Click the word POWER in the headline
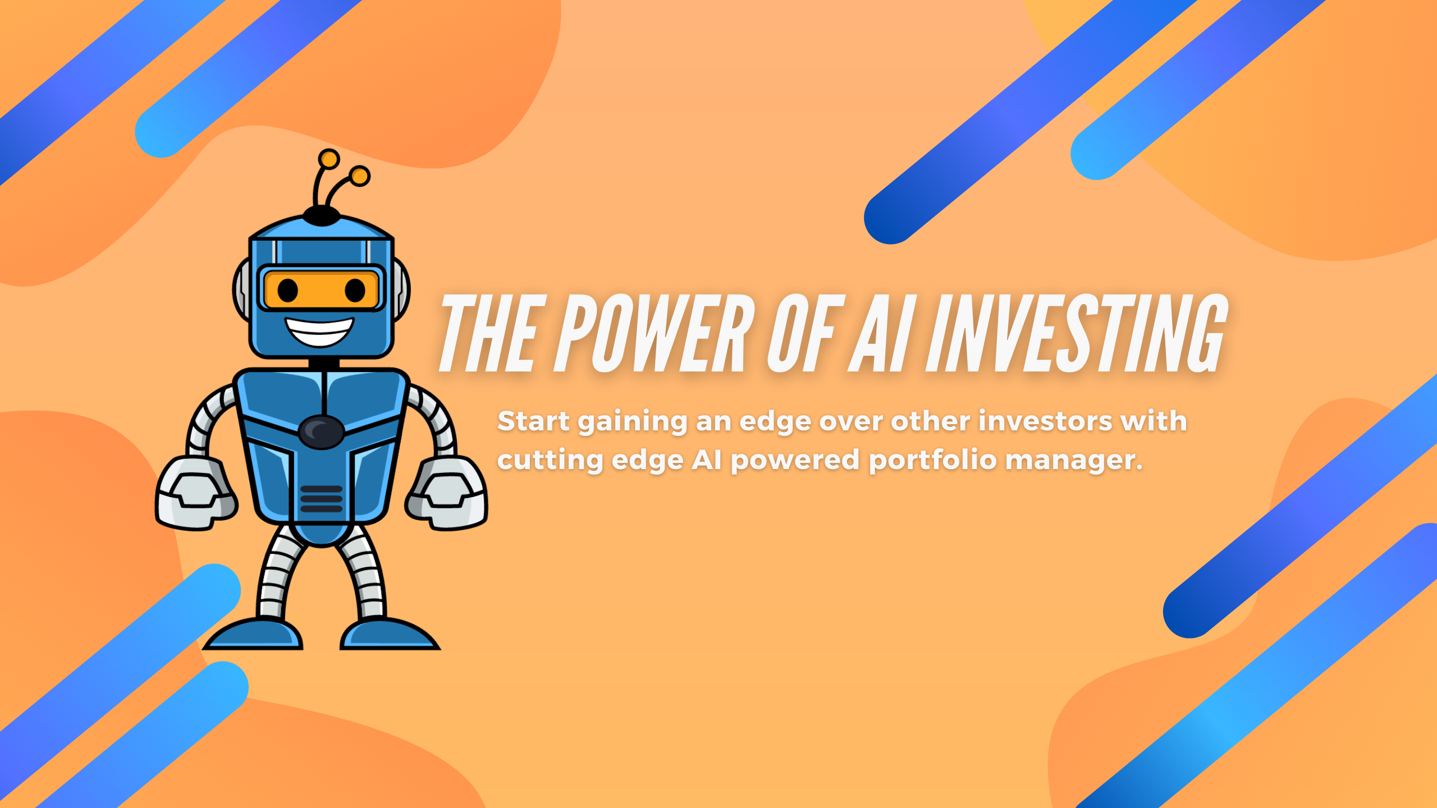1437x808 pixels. [655, 333]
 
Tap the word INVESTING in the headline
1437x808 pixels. [1077, 333]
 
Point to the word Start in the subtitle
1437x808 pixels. [533, 421]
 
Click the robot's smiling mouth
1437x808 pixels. [319, 331]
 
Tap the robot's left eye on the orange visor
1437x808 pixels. [288, 290]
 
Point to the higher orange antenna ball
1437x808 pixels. [328, 159]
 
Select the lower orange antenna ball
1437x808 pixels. [359, 176]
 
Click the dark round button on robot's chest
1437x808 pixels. [321, 431]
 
